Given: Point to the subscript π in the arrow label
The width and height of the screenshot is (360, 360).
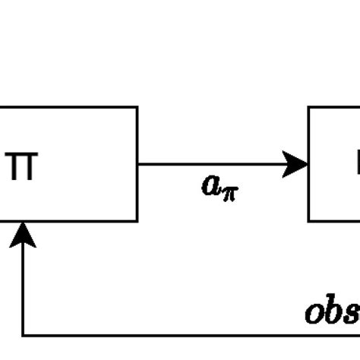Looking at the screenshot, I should click(x=229, y=191).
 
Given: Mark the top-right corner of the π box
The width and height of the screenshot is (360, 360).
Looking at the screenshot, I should click(x=137, y=107).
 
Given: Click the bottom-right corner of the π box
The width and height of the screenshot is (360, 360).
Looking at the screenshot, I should click(x=137, y=221).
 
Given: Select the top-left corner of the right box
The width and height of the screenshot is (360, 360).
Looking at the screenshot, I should click(x=308, y=107).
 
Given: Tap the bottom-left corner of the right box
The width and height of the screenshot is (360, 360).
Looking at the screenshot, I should click(x=308, y=221).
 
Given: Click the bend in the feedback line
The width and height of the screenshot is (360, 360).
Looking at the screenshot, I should click(x=24, y=335).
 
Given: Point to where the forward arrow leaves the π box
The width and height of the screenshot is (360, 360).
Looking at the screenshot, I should click(x=138, y=163).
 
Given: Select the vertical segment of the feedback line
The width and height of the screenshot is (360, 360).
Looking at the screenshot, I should click(x=24, y=289).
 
